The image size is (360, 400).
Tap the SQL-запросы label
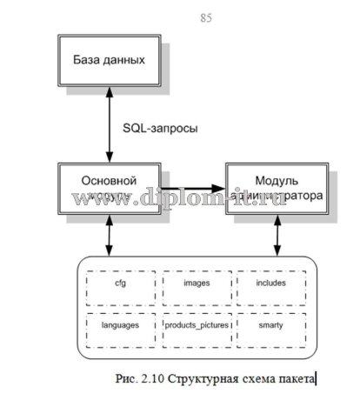(x=159, y=128)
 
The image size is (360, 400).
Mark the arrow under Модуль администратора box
(x=277, y=237)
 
